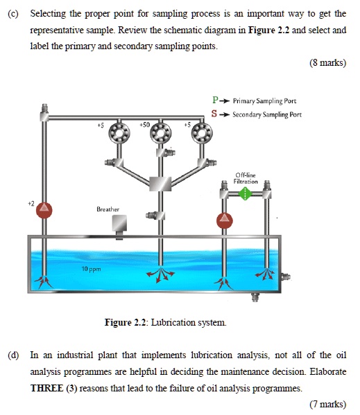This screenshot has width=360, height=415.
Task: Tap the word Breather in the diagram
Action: (108, 209)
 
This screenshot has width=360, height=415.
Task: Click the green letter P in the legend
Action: (216, 100)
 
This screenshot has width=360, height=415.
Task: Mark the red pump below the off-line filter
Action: (223, 220)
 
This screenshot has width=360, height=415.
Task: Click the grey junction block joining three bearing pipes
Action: (160, 184)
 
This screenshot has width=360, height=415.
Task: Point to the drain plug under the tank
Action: (255, 298)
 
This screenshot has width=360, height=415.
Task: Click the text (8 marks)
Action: (328, 63)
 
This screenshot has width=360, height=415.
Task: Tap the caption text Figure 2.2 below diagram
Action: (123, 322)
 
